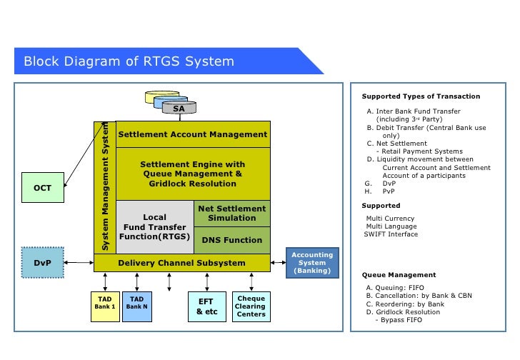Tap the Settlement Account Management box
click(192, 134)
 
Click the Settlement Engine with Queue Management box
click(192, 174)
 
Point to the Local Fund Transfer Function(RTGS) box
click(154, 226)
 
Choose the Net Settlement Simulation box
click(231, 214)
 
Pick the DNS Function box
click(231, 240)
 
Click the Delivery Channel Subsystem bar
click(181, 263)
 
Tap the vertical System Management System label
click(104, 187)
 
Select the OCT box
click(42, 189)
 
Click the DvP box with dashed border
click(42, 263)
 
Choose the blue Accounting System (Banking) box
click(312, 263)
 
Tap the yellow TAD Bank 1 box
click(105, 306)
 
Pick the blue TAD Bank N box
click(136, 306)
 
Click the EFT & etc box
click(206, 306)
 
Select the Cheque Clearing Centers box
click(251, 306)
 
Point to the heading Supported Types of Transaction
click(421, 96)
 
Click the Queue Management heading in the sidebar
click(399, 275)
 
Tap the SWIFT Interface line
click(391, 234)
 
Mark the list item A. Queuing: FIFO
click(397, 288)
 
